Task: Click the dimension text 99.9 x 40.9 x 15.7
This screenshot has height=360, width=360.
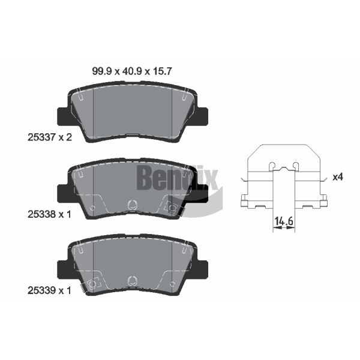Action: tap(132, 71)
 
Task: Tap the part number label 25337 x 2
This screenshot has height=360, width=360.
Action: tap(50, 137)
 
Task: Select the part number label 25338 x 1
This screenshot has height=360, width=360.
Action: tap(49, 214)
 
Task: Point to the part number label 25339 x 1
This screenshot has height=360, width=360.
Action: tap(49, 290)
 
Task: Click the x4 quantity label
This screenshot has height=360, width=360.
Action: tap(338, 177)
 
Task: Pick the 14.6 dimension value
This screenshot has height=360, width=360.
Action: tap(284, 221)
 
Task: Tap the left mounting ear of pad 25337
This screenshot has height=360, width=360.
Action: tap(62, 116)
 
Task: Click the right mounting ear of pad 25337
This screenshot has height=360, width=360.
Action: tap(202, 116)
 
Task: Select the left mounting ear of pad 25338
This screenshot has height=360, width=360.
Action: tap(62, 194)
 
